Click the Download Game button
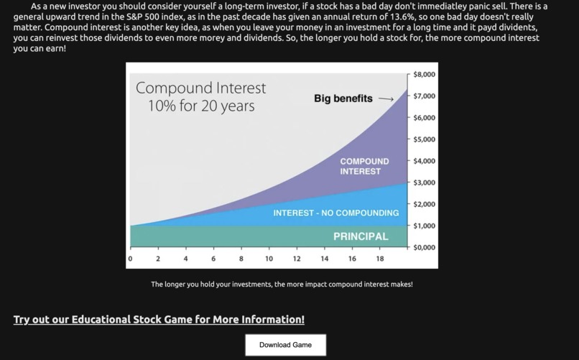tap(285, 345)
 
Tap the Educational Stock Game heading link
tap(159, 320)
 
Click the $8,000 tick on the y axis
tap(424, 75)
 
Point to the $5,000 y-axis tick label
tap(424, 139)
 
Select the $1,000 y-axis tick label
tap(424, 226)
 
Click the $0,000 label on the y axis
tap(424, 247)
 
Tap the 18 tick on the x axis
tap(380, 259)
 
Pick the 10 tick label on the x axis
tap(269, 259)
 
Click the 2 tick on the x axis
tap(158, 259)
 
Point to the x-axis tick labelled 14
tap(325, 259)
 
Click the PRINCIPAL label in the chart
tap(361, 236)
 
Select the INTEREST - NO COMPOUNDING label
tap(335, 213)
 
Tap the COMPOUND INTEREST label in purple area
tap(364, 167)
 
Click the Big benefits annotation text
tap(343, 98)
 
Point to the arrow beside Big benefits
tap(386, 99)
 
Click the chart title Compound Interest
tap(200, 88)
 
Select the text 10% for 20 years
tap(200, 106)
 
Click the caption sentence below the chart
tap(282, 285)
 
